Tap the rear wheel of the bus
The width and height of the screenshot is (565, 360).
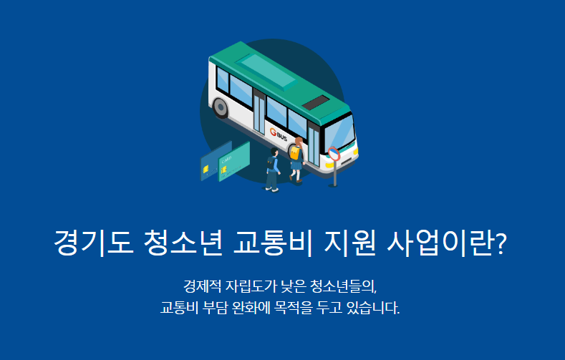click(221, 108)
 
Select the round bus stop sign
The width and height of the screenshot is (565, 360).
click(334, 152)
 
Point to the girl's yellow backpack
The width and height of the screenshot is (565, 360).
click(294, 152)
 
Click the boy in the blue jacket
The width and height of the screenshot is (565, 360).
click(271, 172)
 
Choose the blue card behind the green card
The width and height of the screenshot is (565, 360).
click(212, 166)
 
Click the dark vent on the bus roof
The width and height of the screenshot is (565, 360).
click(316, 104)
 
